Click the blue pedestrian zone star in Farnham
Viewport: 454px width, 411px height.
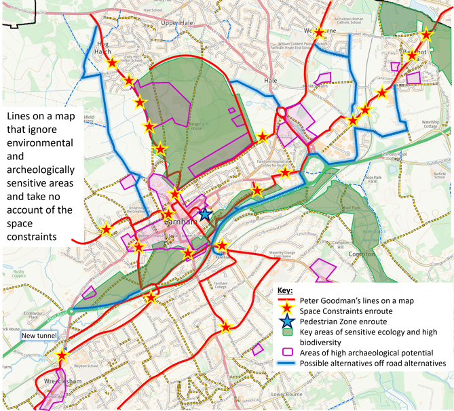(x=205, y=214)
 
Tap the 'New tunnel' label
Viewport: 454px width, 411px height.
(x=40, y=335)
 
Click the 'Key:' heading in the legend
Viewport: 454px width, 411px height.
(x=288, y=290)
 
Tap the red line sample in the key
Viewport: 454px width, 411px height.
(x=287, y=300)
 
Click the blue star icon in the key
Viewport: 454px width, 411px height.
(x=287, y=321)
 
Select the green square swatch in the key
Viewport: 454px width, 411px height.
(x=287, y=332)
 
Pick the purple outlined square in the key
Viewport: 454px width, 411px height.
(x=287, y=352)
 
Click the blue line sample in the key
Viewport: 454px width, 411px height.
(x=287, y=364)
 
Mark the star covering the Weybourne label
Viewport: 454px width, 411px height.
(x=320, y=31)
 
